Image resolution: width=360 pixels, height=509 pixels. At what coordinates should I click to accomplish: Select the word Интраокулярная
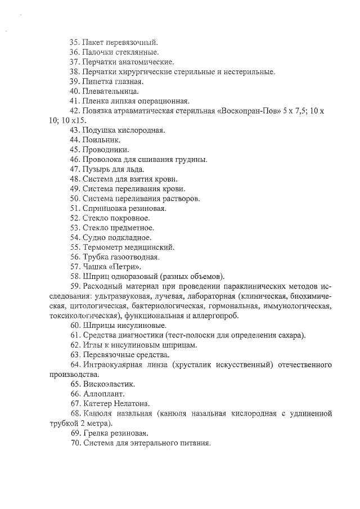(x=114, y=364)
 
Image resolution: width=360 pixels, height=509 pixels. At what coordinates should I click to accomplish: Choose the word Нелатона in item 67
(x=132, y=404)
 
